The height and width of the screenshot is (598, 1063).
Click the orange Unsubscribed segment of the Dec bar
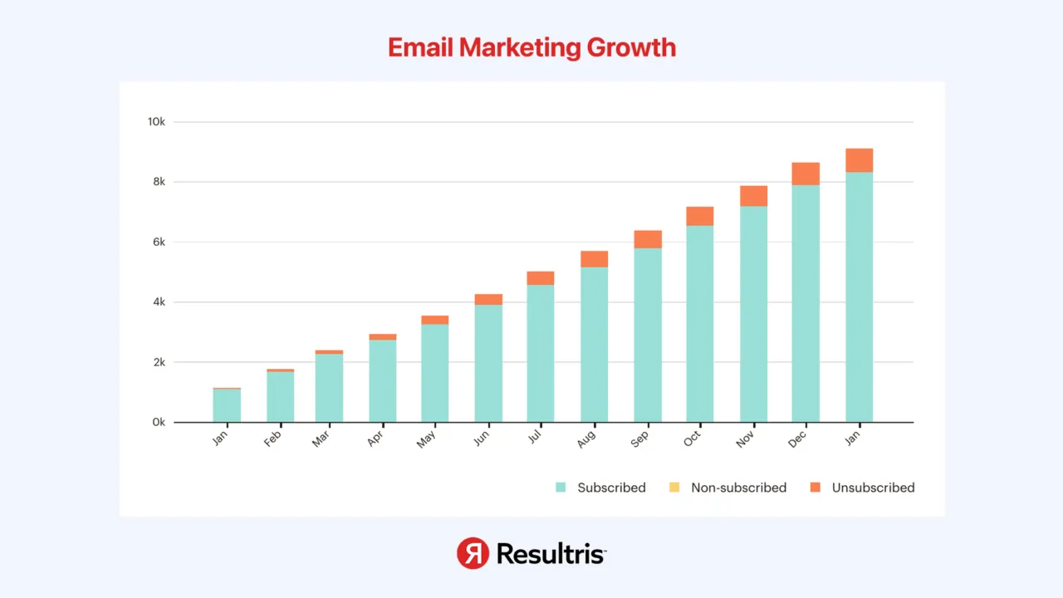pyautogui.click(x=806, y=174)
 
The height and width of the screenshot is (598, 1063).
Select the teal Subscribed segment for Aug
pyautogui.click(x=594, y=345)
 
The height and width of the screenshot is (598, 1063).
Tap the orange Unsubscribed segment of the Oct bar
pyautogui.click(x=700, y=216)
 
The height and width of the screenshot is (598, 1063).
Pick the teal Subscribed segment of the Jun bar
pyautogui.click(x=488, y=364)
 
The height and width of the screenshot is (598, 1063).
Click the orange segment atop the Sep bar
pyautogui.click(x=648, y=239)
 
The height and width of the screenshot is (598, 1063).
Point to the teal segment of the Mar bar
pyautogui.click(x=329, y=388)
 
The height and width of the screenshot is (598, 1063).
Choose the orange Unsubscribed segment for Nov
pyautogui.click(x=753, y=196)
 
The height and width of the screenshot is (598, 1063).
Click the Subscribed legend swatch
pyautogui.click(x=561, y=488)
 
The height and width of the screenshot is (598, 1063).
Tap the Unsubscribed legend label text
pyautogui.click(x=873, y=488)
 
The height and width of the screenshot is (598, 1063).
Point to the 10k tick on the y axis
pyautogui.click(x=156, y=122)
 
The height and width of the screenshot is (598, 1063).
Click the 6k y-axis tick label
pyautogui.click(x=157, y=243)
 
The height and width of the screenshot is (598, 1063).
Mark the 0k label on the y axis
pyautogui.click(x=157, y=423)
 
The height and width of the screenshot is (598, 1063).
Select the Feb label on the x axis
pyautogui.click(x=272, y=439)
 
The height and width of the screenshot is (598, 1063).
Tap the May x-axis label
pyautogui.click(x=427, y=439)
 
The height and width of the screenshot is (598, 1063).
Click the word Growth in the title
pyautogui.click(x=631, y=47)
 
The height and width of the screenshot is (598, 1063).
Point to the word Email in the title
pyautogui.click(x=420, y=47)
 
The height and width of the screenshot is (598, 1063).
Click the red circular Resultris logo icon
pyautogui.click(x=473, y=553)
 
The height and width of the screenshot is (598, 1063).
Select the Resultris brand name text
pyautogui.click(x=551, y=553)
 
